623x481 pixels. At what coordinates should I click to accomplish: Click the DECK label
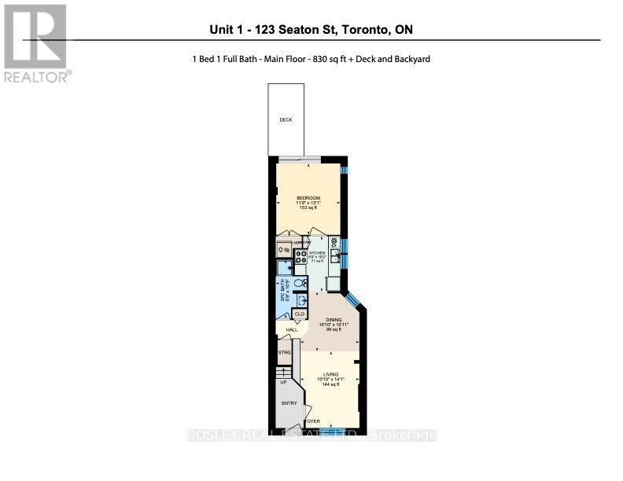[x=286, y=120]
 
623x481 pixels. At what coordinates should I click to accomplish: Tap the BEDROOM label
[x=308, y=197]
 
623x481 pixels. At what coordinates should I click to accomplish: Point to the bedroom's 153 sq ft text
[x=308, y=207]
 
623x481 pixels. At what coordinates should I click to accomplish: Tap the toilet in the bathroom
[x=297, y=281]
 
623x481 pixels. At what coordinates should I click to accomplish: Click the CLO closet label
[x=299, y=314]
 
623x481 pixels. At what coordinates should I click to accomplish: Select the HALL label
[x=292, y=329]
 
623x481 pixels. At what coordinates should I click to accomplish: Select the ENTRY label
[x=289, y=403]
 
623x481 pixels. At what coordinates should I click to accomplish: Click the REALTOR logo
[x=35, y=43]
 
